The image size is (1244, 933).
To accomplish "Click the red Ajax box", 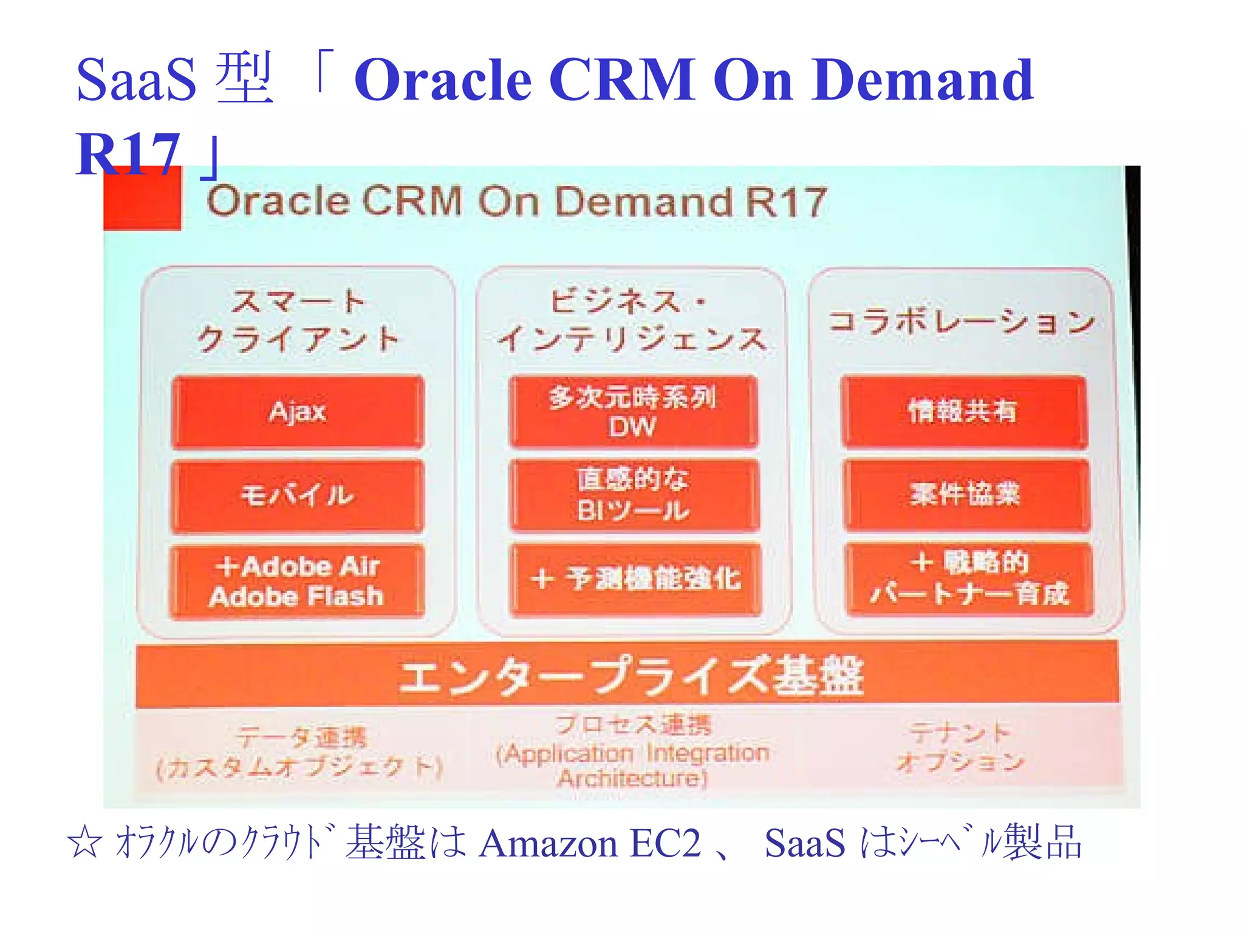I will [298, 412].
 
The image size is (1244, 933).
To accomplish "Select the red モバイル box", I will [298, 496].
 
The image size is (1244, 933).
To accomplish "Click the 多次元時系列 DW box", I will [634, 412].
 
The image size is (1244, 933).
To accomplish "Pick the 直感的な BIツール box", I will [634, 495].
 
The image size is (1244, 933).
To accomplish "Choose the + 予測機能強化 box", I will [635, 579].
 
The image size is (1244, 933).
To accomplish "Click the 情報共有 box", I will [964, 412].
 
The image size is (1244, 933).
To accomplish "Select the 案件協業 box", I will [966, 494].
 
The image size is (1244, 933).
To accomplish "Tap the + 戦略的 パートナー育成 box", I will [969, 579].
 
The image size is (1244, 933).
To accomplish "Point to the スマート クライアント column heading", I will [298, 320].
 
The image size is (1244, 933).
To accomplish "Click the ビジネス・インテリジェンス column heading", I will [632, 320].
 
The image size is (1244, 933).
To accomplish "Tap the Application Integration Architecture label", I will [632, 753].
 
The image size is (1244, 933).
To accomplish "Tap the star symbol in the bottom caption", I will [84, 843].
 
